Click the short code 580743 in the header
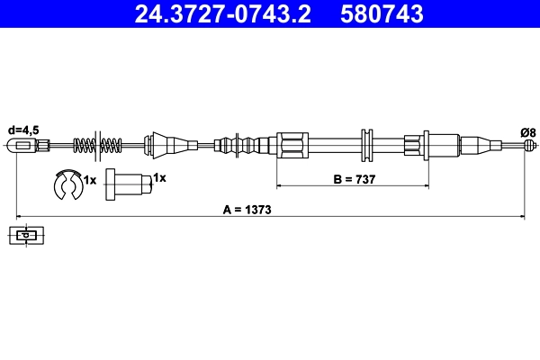(x=381, y=13)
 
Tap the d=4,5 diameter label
(x=22, y=129)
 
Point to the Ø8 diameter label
(x=527, y=132)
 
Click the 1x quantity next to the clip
(x=89, y=180)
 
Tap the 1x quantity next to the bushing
(x=159, y=178)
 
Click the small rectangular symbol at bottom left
(x=29, y=237)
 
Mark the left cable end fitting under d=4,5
(x=28, y=145)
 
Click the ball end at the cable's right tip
(x=531, y=145)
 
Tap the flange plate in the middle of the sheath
(x=366, y=145)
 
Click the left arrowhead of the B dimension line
(x=279, y=185)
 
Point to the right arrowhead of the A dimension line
(x=522, y=216)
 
